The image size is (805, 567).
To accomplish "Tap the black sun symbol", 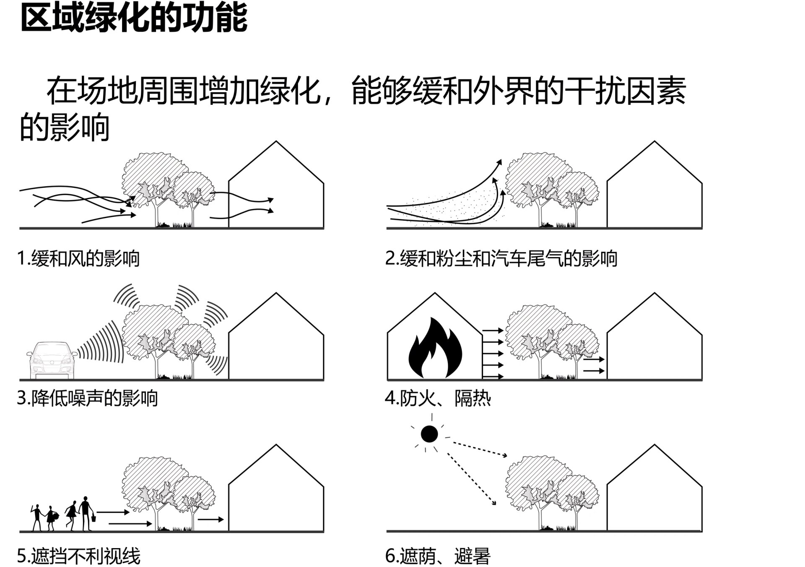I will pos(429,434).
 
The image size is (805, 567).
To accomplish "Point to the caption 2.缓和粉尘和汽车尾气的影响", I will pos(501,258).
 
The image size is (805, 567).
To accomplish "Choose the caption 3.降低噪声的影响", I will pos(87,398).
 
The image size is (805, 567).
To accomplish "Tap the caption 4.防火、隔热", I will pos(438,398).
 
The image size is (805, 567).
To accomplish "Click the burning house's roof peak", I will pos(435,294).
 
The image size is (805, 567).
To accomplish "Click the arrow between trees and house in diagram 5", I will pos(210,520).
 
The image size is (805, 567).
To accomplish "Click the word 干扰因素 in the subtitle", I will pos(625,91).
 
